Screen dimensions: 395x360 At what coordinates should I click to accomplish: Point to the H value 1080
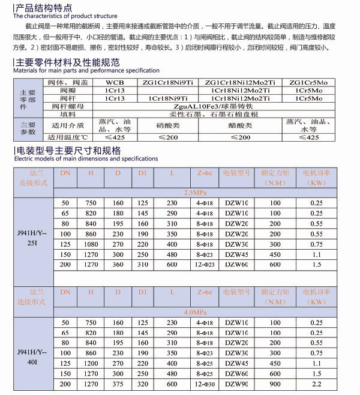pos(91,244)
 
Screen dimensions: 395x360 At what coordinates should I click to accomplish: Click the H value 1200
pos(91,363)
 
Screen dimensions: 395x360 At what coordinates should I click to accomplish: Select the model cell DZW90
pos(235,383)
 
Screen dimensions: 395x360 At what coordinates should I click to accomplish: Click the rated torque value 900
pos(275,383)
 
